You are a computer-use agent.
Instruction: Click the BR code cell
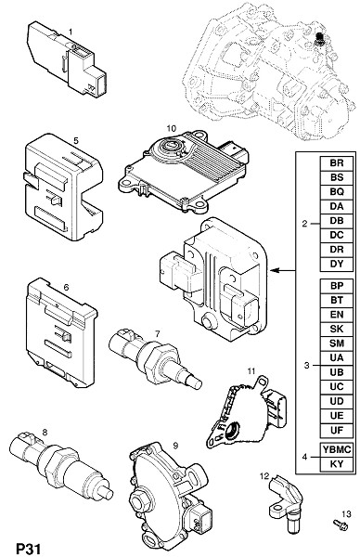tap(337, 163)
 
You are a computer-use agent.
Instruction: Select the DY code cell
tap(337, 264)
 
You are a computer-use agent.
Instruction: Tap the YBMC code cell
tap(337, 449)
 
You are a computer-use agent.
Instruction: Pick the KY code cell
tap(337, 464)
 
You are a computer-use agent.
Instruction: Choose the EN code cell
tap(337, 315)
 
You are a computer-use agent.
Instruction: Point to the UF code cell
tap(337, 430)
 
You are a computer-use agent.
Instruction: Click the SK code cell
tap(337, 329)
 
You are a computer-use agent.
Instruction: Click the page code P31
tap(29, 549)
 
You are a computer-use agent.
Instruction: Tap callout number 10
tap(171, 128)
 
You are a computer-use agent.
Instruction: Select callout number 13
tap(346, 513)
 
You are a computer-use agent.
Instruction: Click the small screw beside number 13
tap(341, 525)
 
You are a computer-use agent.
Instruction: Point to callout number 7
tap(158, 333)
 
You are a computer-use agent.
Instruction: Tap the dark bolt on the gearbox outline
tap(319, 39)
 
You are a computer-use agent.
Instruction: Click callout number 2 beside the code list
tap(304, 224)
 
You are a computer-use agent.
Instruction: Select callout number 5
tap(76, 141)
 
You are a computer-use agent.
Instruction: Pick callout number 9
tap(175, 445)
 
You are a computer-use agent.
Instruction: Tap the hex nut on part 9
tap(137, 501)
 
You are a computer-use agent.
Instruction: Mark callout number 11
tap(251, 370)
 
